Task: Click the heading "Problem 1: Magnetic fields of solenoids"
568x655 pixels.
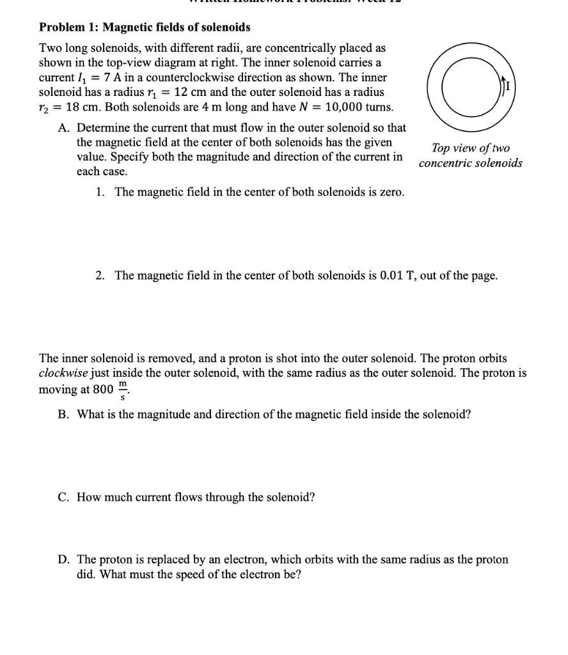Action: point(145,28)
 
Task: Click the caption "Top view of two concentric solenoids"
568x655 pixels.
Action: point(470,155)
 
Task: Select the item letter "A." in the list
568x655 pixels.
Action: point(64,127)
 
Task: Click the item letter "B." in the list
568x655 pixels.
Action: point(63,414)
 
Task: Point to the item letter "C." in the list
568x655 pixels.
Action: point(63,497)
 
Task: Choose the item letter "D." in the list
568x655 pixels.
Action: point(63,560)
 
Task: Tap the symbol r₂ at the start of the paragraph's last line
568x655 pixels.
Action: point(46,107)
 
